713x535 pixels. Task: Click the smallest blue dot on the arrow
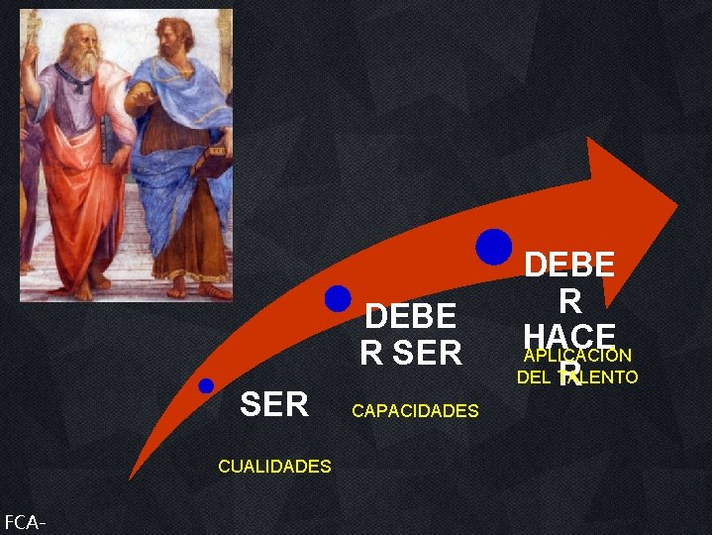205,386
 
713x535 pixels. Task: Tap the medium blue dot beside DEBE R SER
338,298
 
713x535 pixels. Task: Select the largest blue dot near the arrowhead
492,246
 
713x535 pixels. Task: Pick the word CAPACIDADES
415,410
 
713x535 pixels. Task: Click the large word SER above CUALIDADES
274,403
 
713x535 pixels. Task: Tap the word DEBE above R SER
411,317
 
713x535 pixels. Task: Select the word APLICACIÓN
577,356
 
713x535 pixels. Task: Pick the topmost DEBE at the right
569,265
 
